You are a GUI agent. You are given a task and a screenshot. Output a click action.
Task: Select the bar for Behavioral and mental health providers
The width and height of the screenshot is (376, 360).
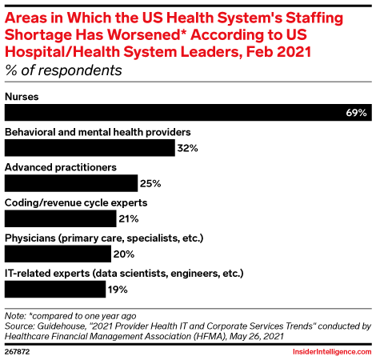coord(90,148)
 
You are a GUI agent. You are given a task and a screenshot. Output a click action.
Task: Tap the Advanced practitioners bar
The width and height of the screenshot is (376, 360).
coord(71,183)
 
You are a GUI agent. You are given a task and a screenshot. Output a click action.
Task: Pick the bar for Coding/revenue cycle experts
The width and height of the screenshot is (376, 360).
coord(61,218)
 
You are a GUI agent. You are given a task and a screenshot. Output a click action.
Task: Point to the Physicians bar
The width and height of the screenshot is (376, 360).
coord(58,254)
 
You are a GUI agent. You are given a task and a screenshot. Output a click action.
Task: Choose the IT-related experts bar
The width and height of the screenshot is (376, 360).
coord(56,289)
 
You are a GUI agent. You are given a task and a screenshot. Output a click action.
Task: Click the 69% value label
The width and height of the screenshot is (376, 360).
coord(357,114)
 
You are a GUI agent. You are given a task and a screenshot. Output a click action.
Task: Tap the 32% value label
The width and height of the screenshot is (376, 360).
coord(187,148)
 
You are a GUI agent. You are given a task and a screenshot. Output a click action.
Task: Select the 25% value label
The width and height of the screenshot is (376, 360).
coord(151,183)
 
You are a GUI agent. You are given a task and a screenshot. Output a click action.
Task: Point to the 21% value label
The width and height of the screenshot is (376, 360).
coord(130,218)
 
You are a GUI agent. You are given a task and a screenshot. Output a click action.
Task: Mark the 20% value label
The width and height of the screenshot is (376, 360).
coord(124,254)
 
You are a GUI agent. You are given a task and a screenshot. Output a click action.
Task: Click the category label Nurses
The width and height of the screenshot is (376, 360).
coord(22,97)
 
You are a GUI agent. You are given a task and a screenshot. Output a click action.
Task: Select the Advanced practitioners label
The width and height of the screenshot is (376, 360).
coord(61,167)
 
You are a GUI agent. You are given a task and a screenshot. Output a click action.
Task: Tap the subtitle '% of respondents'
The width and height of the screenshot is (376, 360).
coord(63,70)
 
